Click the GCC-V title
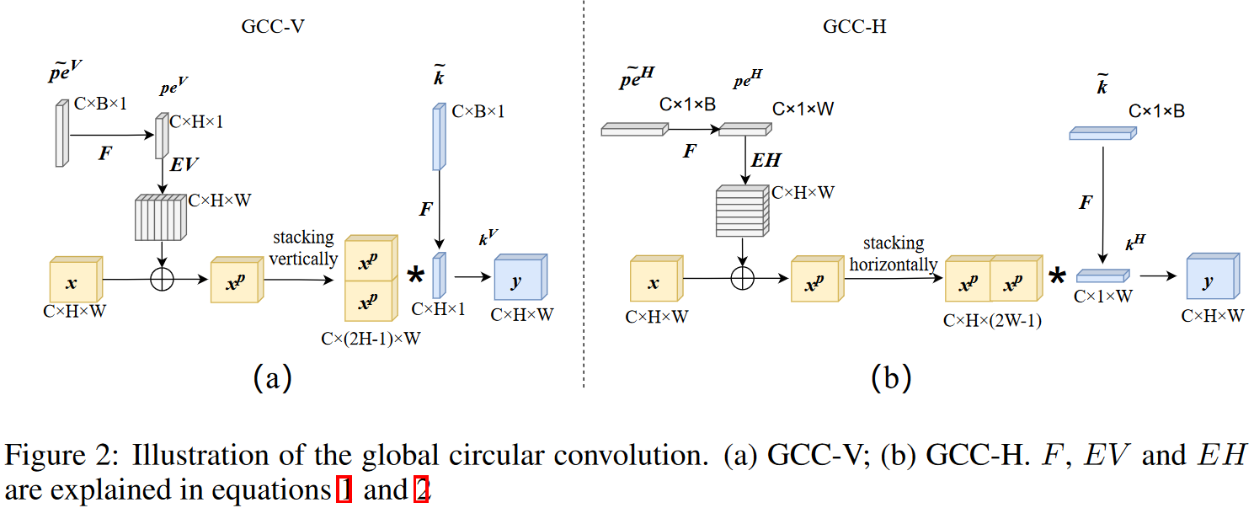pos(272,26)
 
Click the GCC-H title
pos(854,26)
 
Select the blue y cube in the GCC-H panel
pos(1212,278)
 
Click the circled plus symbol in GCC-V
pos(161,279)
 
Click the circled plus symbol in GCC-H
pos(742,279)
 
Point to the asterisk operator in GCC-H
pos(1057,276)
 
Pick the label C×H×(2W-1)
pos(993,320)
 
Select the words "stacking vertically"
pos(303,249)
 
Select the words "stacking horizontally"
pos(893,254)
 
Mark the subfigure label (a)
pos(272,377)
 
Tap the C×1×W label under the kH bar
pos(1103,297)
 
